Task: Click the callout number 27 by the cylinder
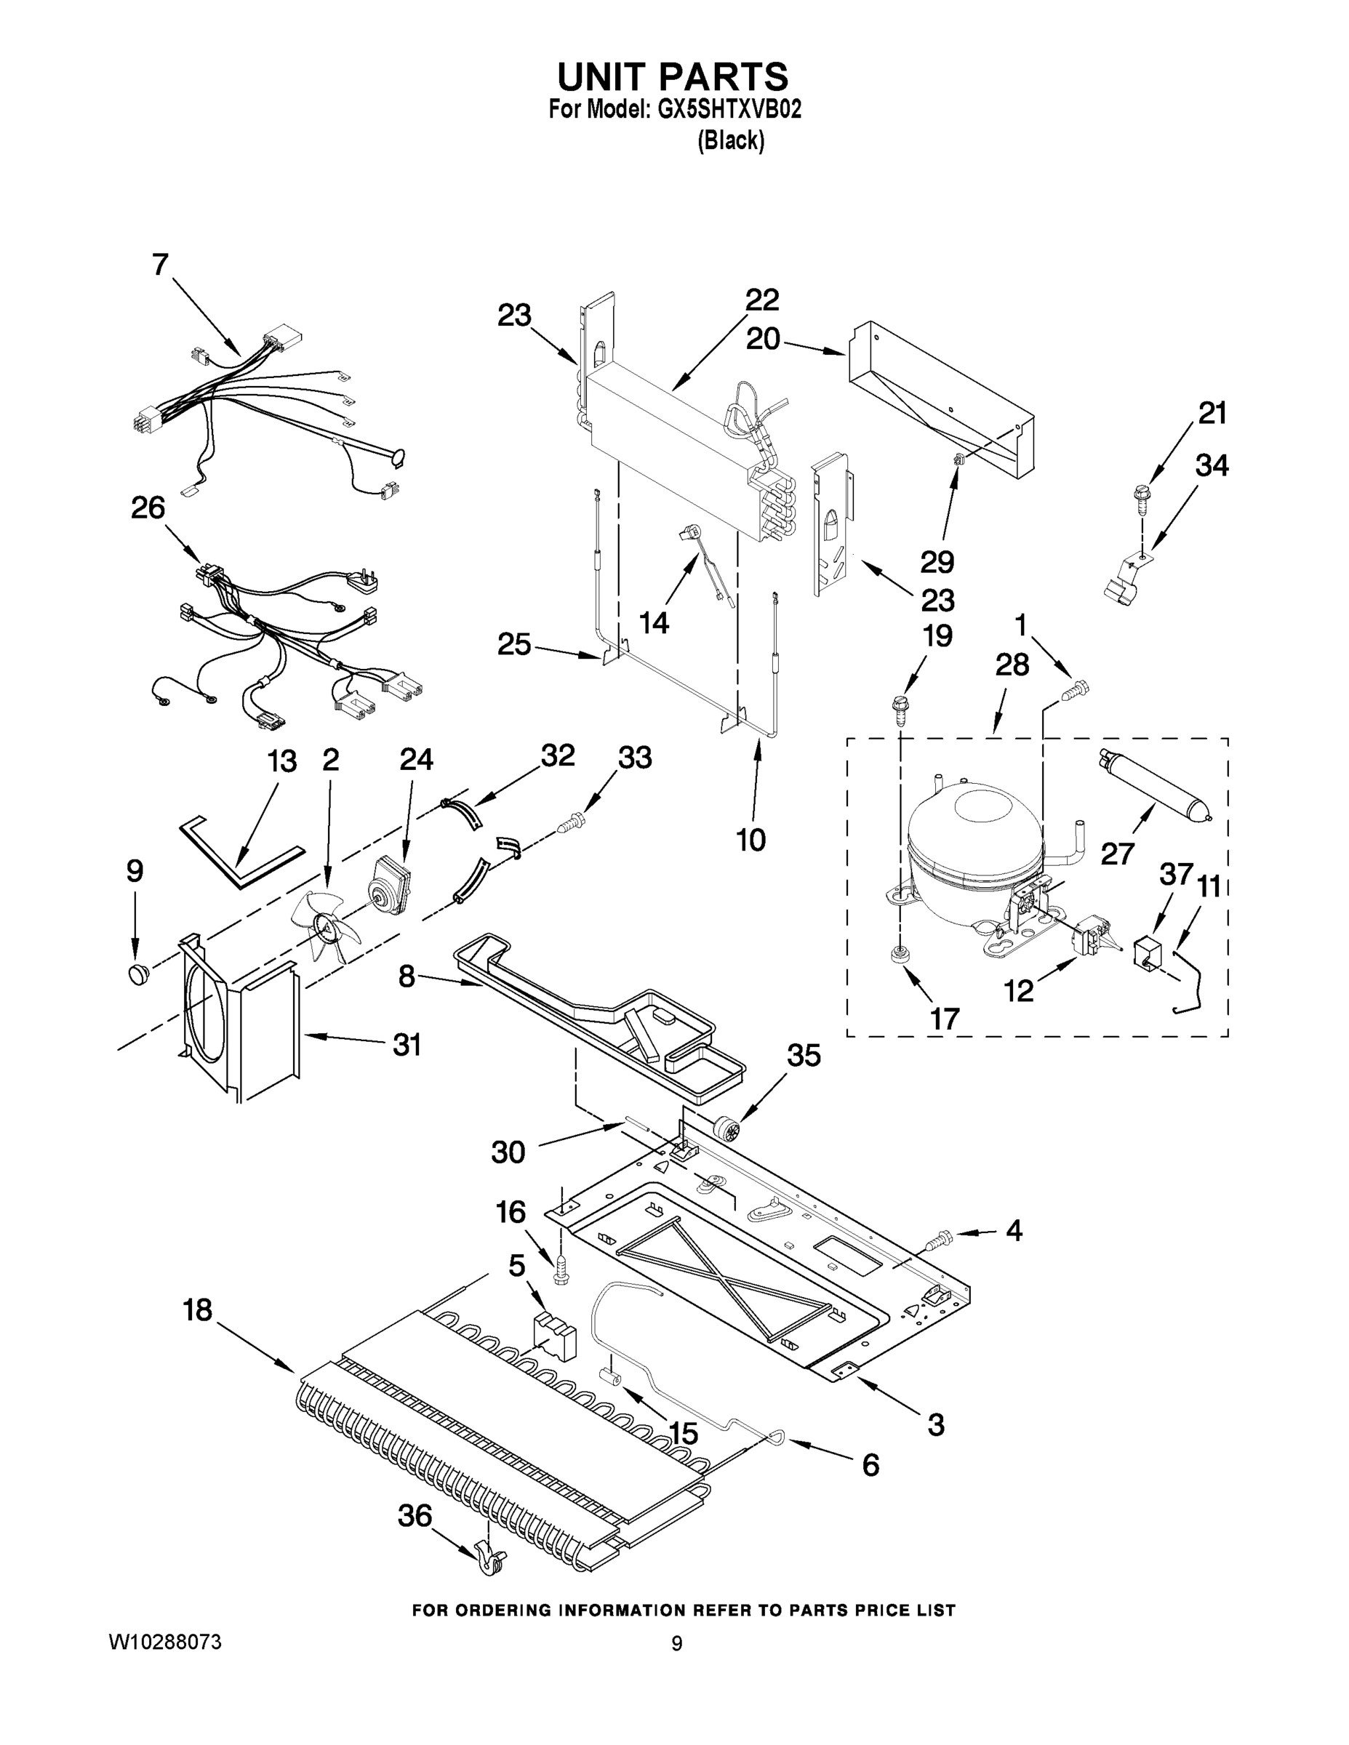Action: (1116, 854)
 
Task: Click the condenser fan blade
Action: (325, 926)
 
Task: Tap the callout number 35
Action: (803, 1056)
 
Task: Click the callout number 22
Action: (761, 300)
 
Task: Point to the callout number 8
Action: (407, 976)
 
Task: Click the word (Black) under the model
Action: (730, 140)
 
